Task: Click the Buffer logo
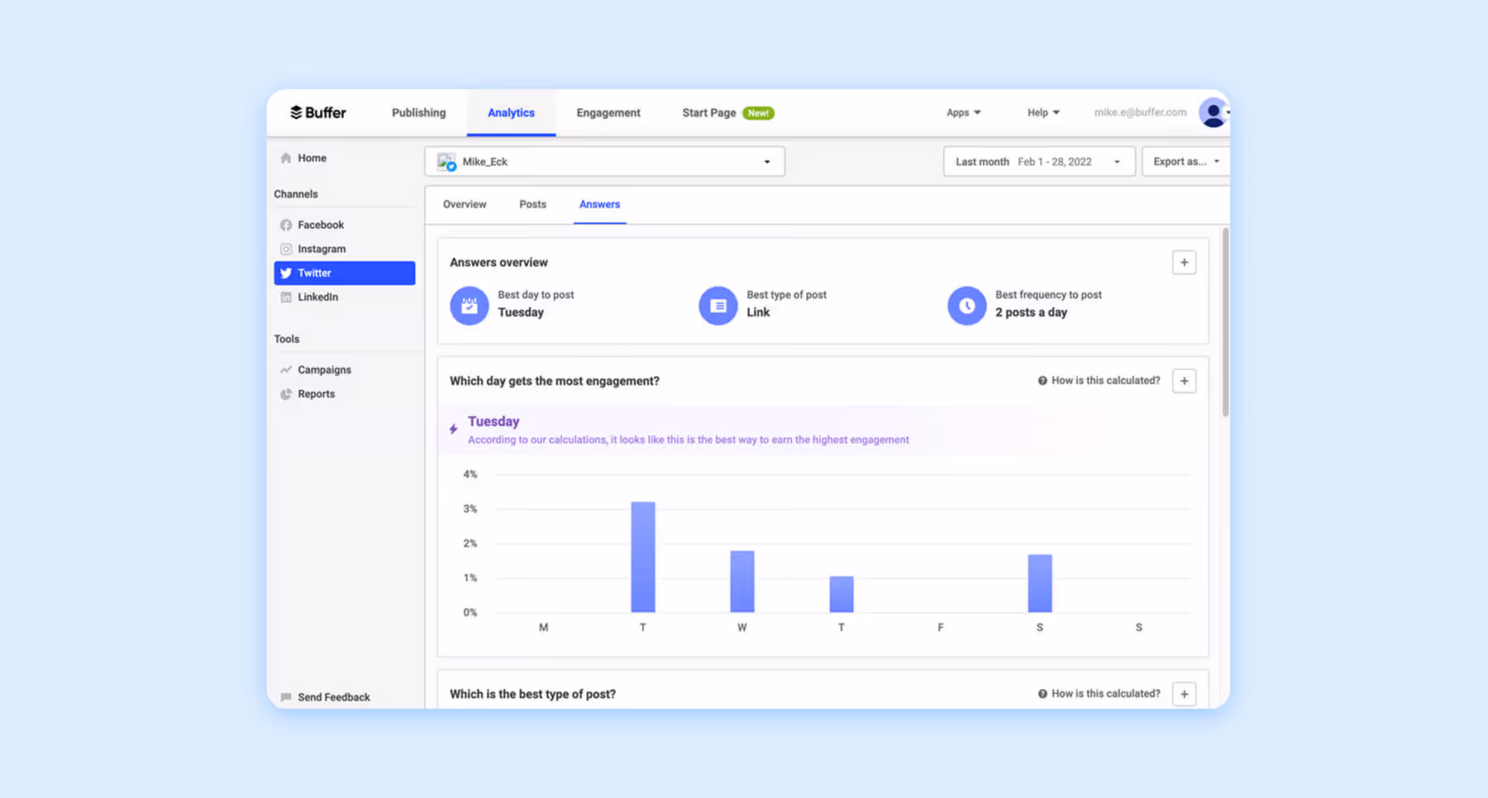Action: coord(318,112)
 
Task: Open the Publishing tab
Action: coord(418,112)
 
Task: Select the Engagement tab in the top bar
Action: coord(608,112)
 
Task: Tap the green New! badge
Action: coord(758,113)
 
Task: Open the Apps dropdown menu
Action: coord(963,112)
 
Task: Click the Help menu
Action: coord(1042,112)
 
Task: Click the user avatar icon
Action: coord(1213,112)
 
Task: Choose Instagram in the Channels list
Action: coord(322,249)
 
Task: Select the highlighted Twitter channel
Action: coord(345,273)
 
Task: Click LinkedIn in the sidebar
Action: coord(317,297)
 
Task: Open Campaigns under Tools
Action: coord(324,370)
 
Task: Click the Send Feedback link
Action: coord(333,697)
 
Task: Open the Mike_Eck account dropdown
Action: coord(604,161)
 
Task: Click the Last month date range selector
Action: coord(1038,161)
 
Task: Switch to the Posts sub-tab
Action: coord(532,204)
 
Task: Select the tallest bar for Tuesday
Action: coord(643,557)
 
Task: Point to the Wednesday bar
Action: coord(742,581)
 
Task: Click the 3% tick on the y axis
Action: coord(470,509)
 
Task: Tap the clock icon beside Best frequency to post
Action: coord(966,306)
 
